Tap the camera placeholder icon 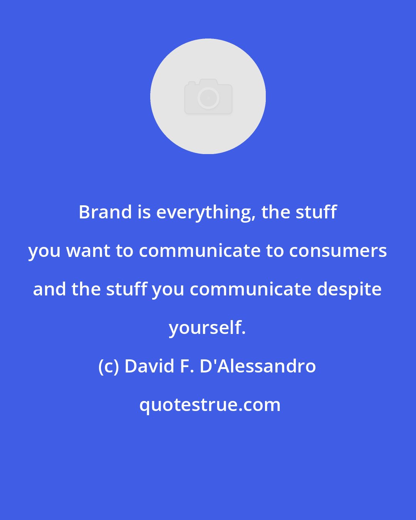coord(208,96)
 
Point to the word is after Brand coord(144,212)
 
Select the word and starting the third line coord(50,290)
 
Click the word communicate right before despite coord(250,290)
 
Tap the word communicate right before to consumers coord(200,251)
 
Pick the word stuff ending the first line coord(316,212)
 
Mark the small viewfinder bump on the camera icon coord(192,83)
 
